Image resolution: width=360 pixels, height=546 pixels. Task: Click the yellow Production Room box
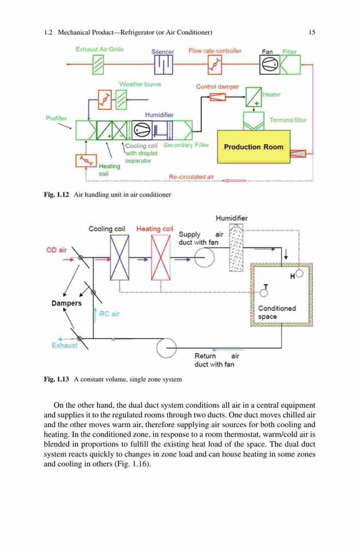[x=253, y=146]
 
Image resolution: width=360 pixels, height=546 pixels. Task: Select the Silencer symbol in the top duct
[x=163, y=65]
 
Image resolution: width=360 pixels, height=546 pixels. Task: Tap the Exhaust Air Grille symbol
[x=98, y=65]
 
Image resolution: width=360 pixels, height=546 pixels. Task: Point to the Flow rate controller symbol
[x=215, y=65]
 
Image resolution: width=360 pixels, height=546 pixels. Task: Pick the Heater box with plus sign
[x=253, y=97]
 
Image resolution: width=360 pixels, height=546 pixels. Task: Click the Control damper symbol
[x=218, y=97]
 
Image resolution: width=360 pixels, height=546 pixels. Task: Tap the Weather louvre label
[x=140, y=84]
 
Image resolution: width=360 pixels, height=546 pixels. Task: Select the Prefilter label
[x=56, y=118]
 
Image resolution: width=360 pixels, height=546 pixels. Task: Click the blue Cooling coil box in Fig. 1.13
[x=120, y=257]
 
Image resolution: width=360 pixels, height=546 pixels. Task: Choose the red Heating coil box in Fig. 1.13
[x=161, y=257]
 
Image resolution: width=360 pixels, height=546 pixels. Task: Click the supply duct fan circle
[x=204, y=258]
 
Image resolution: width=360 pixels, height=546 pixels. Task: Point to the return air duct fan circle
[x=166, y=347]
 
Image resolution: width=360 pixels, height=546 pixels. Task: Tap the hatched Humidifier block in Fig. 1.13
[x=236, y=247]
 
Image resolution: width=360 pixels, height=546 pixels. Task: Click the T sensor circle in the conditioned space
[x=264, y=293]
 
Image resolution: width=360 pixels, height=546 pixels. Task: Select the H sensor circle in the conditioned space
[x=299, y=274]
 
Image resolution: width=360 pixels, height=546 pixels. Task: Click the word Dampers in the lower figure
[x=67, y=303]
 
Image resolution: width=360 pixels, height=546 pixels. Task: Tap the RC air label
[x=109, y=314]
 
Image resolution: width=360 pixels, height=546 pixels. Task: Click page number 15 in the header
[x=312, y=32]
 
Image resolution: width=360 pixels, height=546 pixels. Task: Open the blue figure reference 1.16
[x=139, y=464]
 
